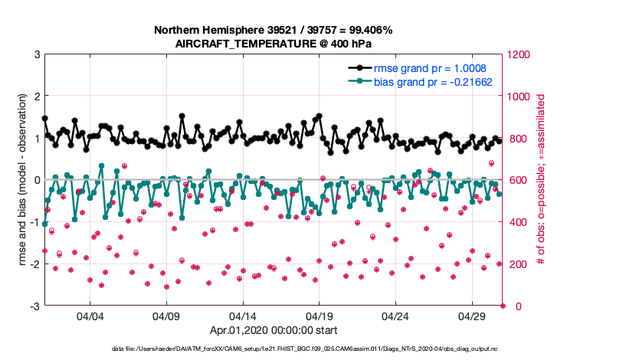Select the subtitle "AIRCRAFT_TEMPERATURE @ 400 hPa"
tap(274, 44)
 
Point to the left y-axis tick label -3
tap(34, 306)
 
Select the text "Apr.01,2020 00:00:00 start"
tap(274, 332)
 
